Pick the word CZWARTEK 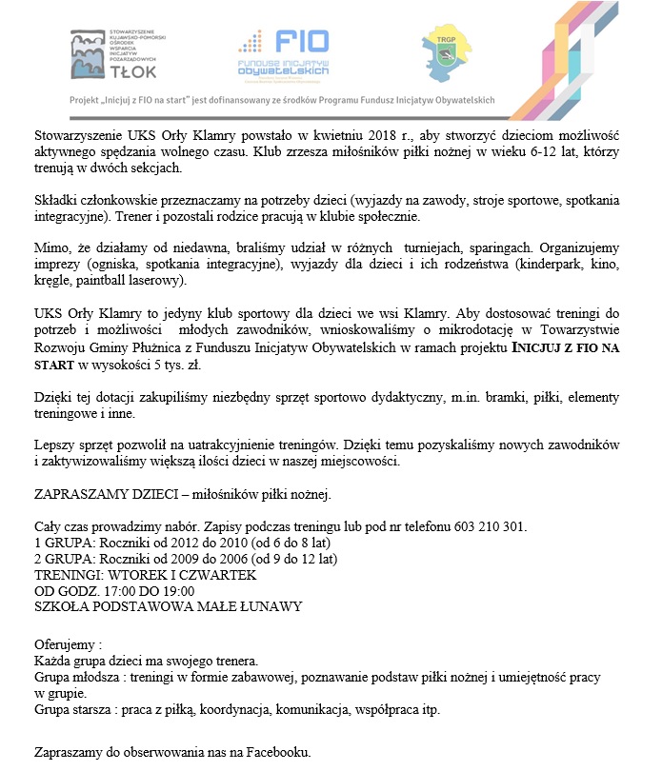click(x=221, y=575)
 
